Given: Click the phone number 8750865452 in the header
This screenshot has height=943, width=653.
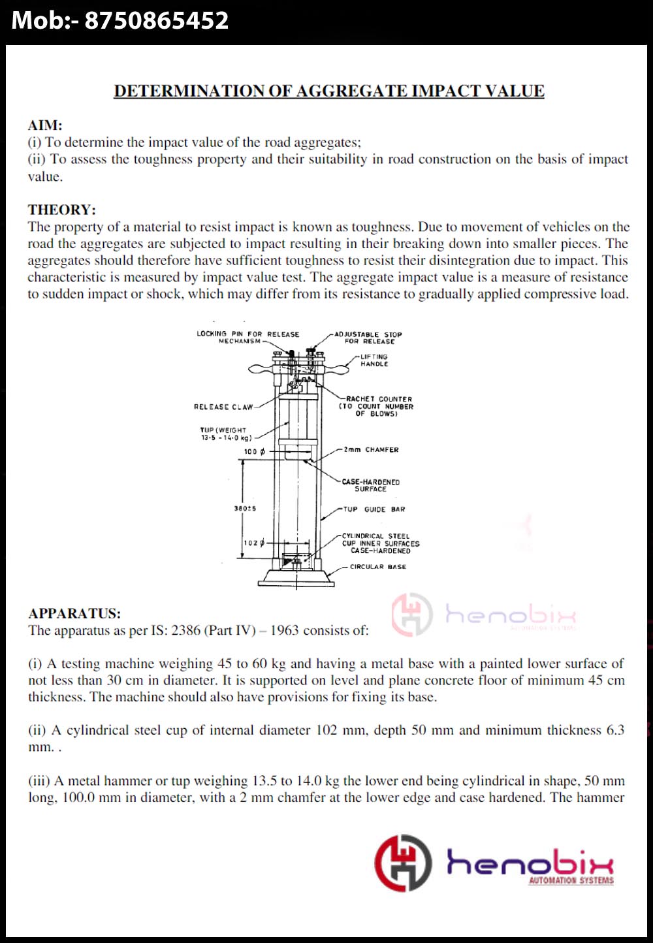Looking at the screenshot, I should (157, 20).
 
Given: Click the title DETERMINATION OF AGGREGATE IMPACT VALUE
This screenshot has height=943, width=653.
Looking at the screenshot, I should (329, 91).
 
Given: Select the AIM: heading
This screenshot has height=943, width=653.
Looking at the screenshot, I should (45, 125).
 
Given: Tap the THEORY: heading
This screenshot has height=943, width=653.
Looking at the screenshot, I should (61, 210).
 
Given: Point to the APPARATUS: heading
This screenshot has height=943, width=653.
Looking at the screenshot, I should (74, 613).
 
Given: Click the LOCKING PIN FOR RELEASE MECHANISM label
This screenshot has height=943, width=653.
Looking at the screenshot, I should (247, 337).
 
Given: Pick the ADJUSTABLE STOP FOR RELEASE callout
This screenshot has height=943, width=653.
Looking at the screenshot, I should (368, 337).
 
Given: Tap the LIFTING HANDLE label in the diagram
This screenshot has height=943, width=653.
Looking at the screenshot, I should (374, 360).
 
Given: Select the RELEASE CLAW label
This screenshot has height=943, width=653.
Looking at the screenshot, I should (223, 407).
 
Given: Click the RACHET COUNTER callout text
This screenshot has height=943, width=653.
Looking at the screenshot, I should (377, 406).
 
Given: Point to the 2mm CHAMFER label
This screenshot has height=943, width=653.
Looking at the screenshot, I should (371, 450).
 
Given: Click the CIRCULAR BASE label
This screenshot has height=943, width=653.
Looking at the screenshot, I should (377, 567).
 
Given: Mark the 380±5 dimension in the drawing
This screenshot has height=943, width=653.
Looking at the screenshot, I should (245, 509).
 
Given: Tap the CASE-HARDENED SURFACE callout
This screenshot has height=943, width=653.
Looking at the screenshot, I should (370, 485).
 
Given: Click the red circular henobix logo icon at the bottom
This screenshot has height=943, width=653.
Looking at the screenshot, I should (403, 863).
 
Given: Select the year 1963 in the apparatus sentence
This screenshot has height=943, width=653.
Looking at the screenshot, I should (284, 630).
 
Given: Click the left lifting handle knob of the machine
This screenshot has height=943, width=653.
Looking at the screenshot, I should (260, 370).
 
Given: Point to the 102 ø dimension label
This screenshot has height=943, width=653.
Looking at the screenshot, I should (253, 543).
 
